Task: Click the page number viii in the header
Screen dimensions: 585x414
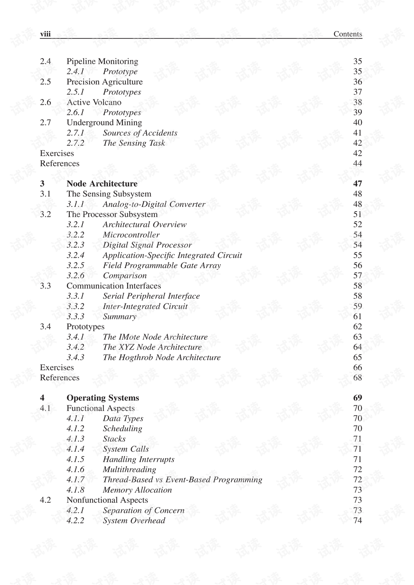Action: tap(45, 34)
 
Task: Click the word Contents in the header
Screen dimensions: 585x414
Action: tap(348, 34)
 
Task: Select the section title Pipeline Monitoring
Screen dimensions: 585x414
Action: tap(102, 61)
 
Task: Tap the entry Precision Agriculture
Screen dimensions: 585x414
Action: tap(104, 82)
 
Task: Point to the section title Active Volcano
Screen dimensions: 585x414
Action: tap(94, 102)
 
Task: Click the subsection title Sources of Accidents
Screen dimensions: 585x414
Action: tap(140, 133)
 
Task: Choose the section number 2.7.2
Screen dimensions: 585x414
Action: tap(75, 143)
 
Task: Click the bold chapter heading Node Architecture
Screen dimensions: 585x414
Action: tap(102, 184)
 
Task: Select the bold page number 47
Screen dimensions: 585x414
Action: tap(358, 184)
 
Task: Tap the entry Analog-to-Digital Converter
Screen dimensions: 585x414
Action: tap(154, 204)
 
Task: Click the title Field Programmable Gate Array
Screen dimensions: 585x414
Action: tap(162, 266)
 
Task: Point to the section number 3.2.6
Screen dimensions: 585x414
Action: tap(75, 276)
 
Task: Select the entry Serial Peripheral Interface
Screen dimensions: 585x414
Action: tap(151, 296)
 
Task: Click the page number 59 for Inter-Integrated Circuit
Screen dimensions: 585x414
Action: tap(358, 307)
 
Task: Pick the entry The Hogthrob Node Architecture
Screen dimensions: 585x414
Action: tap(161, 357)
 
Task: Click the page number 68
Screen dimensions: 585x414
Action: tap(358, 378)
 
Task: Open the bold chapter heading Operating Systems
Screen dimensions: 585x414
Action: tap(103, 398)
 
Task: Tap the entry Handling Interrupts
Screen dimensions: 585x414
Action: tap(138, 460)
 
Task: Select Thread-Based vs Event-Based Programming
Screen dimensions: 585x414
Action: tap(182, 480)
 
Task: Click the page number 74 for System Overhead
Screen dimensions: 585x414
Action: tap(358, 521)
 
